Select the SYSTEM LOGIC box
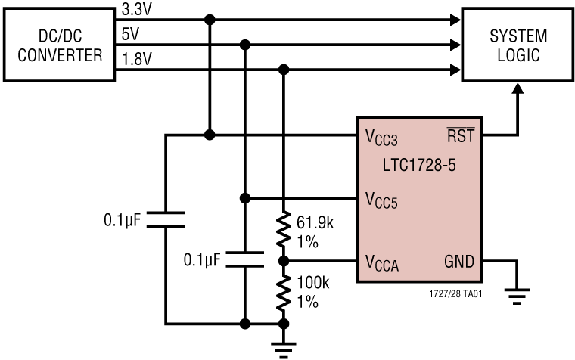click(517, 45)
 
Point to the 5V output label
click(129, 34)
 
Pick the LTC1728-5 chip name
click(419, 163)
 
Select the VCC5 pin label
click(381, 200)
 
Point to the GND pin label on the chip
click(459, 262)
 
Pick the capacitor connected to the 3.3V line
click(165, 219)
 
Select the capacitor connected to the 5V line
click(244, 259)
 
